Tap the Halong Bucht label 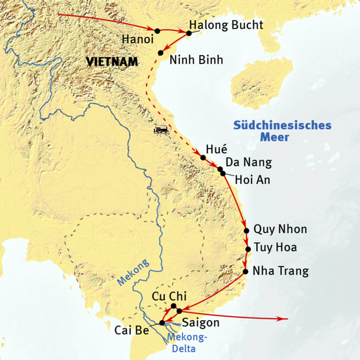point(225,26)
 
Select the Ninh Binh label point(196,60)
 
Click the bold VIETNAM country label point(113,62)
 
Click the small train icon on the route point(161,130)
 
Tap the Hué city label point(216,150)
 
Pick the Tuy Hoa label point(276,248)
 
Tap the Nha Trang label point(281,271)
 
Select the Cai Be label point(134,329)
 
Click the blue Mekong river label point(133,270)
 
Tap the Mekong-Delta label point(187,342)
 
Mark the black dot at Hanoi point(158,30)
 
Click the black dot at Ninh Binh point(161,52)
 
